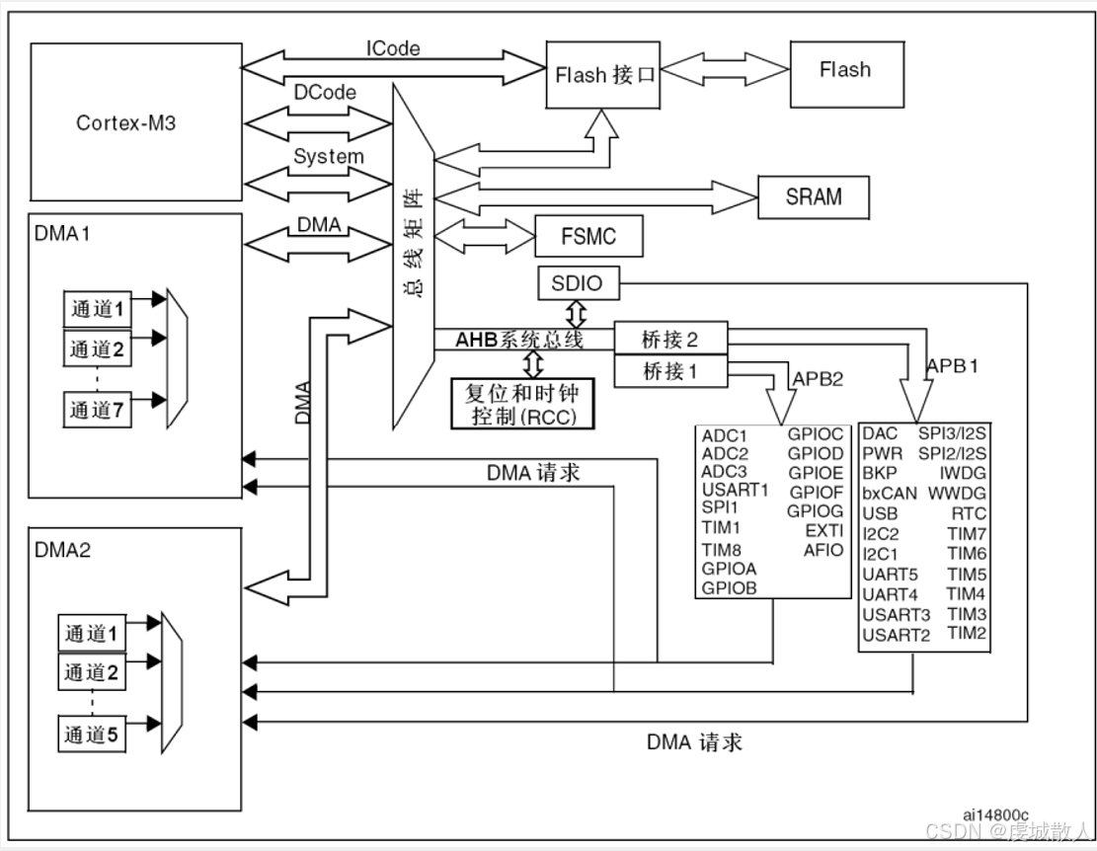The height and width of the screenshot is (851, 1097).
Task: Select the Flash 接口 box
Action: [604, 75]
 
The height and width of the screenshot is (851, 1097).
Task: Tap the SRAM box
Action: [814, 196]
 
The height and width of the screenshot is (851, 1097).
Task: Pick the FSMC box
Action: [588, 237]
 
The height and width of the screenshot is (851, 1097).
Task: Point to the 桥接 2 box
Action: [670, 340]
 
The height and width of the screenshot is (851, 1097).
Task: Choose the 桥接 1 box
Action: [670, 371]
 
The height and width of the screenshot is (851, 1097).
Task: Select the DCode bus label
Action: [325, 92]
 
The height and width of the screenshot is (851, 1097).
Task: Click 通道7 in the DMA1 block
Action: [98, 410]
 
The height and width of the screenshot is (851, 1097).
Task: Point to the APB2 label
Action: [819, 379]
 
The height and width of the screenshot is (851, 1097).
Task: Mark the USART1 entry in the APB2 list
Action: [735, 489]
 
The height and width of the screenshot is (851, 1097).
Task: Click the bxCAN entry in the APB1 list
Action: [889, 493]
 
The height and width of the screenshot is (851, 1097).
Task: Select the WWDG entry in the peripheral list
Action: [957, 493]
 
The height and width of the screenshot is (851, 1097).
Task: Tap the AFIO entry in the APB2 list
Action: [823, 550]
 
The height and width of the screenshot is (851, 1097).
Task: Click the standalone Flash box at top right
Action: [844, 70]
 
